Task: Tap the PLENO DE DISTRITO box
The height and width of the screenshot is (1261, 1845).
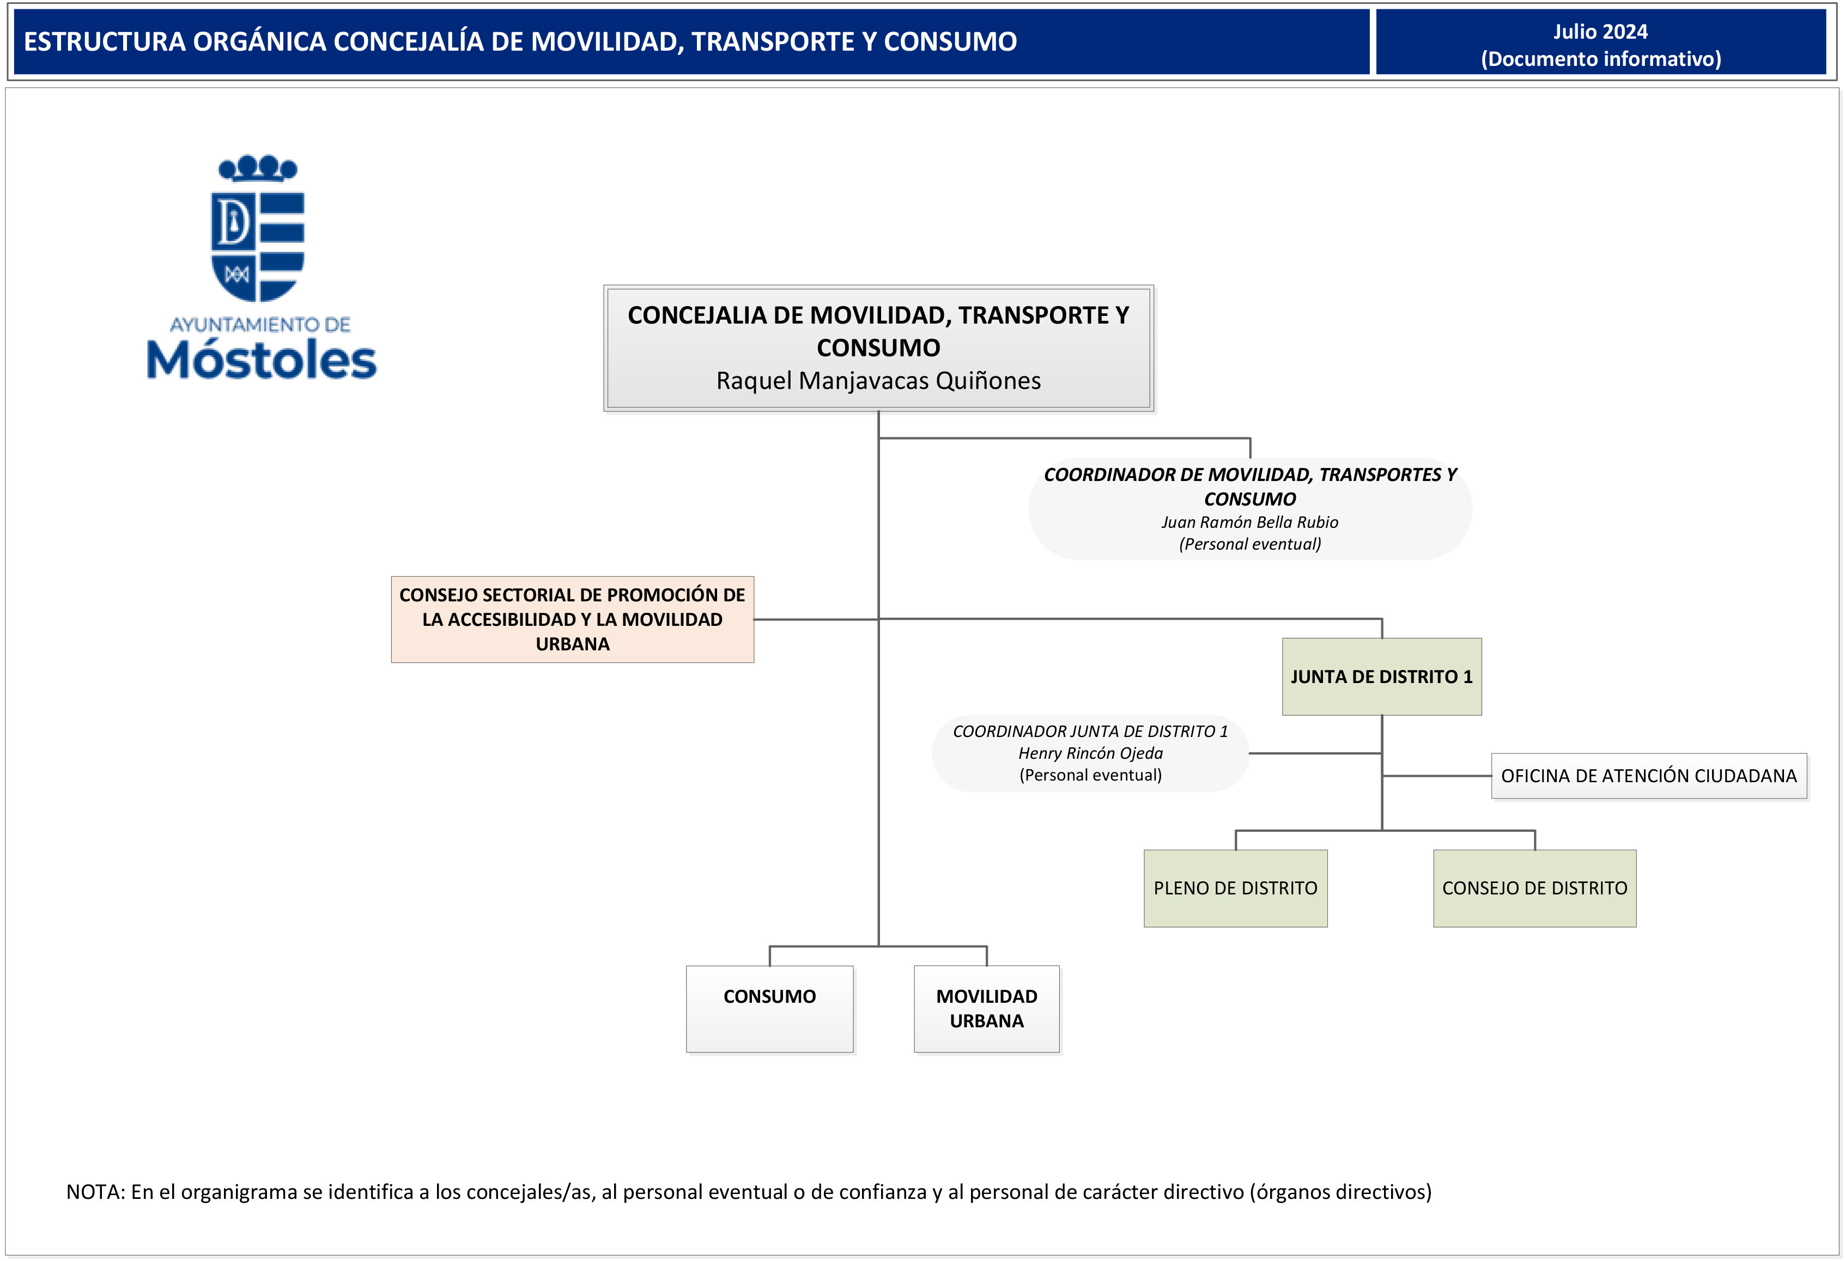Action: [1235, 888]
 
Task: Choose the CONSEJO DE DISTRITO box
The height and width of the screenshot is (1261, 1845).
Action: [1534, 888]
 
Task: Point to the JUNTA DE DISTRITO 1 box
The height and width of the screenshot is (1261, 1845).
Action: [1381, 676]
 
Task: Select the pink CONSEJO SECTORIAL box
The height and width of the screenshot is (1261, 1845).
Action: [572, 619]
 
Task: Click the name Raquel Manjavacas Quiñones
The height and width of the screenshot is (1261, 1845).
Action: [878, 381]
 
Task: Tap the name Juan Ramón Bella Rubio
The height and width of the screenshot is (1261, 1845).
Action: [1249, 522]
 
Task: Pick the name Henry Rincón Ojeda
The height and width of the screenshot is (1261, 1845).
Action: [1090, 753]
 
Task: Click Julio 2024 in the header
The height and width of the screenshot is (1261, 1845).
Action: [1600, 32]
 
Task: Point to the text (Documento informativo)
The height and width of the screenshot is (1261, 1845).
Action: [1600, 59]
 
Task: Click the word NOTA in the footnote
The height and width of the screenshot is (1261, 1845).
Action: [94, 1192]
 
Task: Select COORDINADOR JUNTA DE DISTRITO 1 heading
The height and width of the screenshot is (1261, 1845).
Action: [1089, 731]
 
